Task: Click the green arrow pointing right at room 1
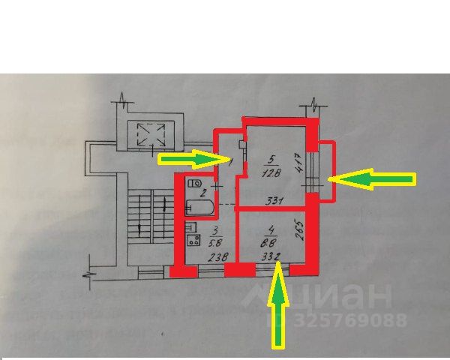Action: pyautogui.click(x=191, y=158)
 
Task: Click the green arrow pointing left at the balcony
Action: pyautogui.click(x=373, y=178)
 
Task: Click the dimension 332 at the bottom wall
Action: pyautogui.click(x=271, y=257)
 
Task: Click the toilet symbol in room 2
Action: pyautogui.click(x=196, y=183)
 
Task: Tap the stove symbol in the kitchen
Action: pyautogui.click(x=193, y=241)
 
